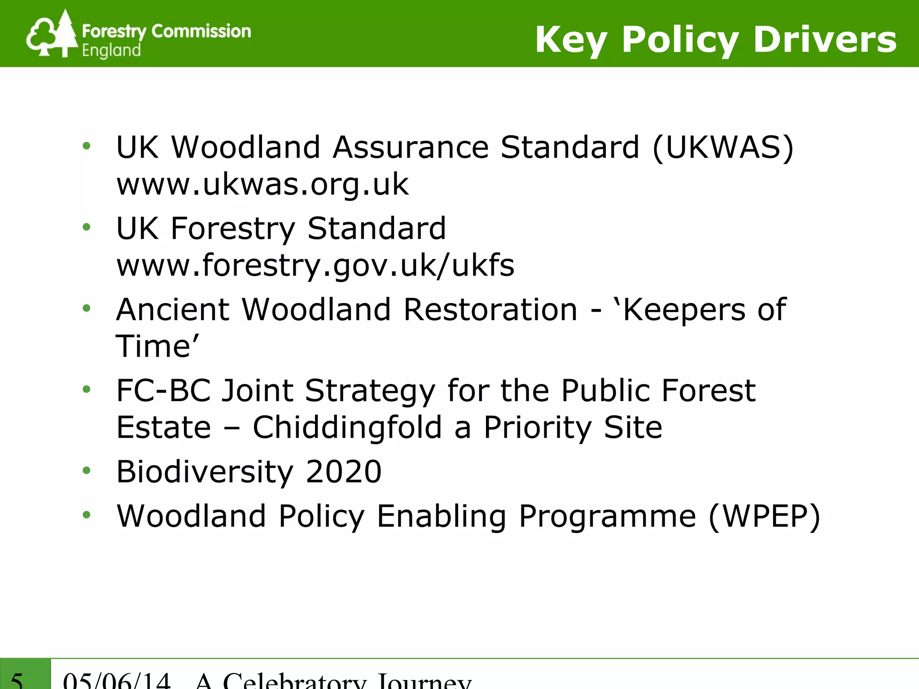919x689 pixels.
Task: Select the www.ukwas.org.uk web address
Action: tap(263, 184)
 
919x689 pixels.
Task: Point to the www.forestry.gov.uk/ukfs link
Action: tap(315, 265)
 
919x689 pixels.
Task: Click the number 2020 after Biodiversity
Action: tap(343, 471)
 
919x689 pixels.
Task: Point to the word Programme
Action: tap(608, 517)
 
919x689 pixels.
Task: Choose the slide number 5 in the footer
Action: tap(17, 680)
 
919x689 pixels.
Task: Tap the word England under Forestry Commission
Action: tap(111, 50)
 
